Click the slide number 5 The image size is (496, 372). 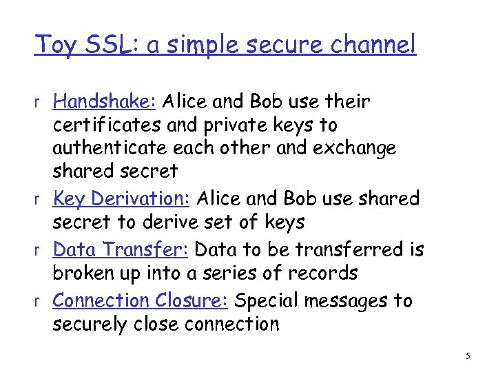468,356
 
